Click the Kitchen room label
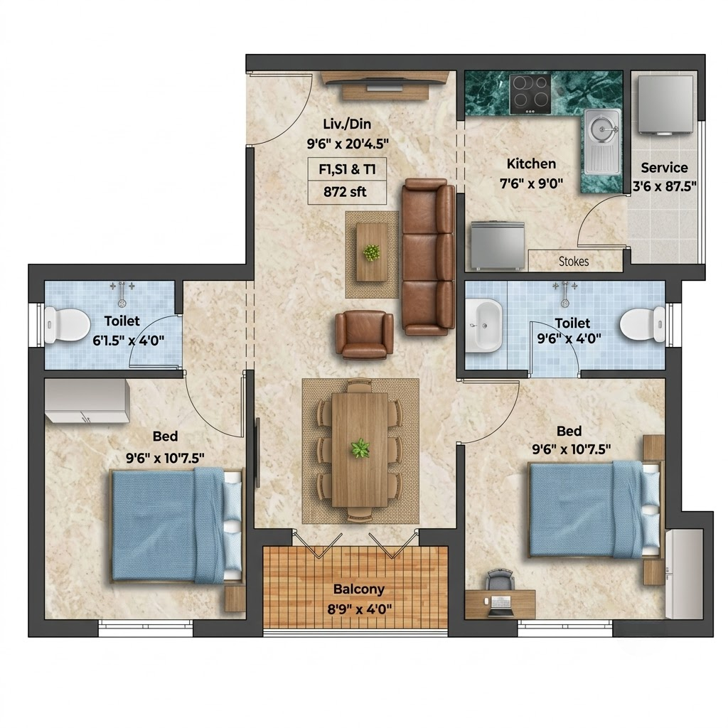(x=531, y=164)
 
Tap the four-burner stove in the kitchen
(x=530, y=94)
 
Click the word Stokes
(x=574, y=262)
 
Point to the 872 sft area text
(x=345, y=192)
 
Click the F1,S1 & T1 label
(x=347, y=169)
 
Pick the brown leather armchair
(x=365, y=336)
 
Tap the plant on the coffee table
(x=371, y=253)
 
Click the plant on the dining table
(x=360, y=449)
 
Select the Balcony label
(x=359, y=589)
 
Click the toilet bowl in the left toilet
(x=68, y=323)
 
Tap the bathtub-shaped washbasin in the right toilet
(x=483, y=325)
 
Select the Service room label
(x=665, y=168)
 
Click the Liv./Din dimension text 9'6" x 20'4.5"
(x=348, y=144)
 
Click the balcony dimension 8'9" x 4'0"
(x=359, y=609)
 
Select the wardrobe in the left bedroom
(x=86, y=401)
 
